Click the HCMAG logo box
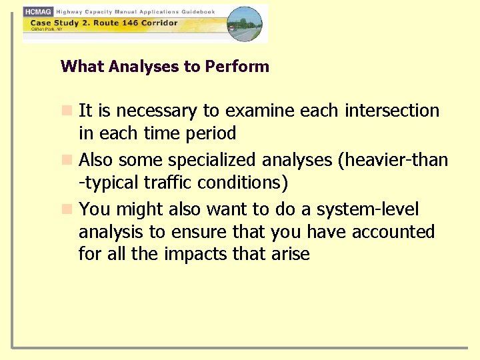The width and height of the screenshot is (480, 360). [x=38, y=12]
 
